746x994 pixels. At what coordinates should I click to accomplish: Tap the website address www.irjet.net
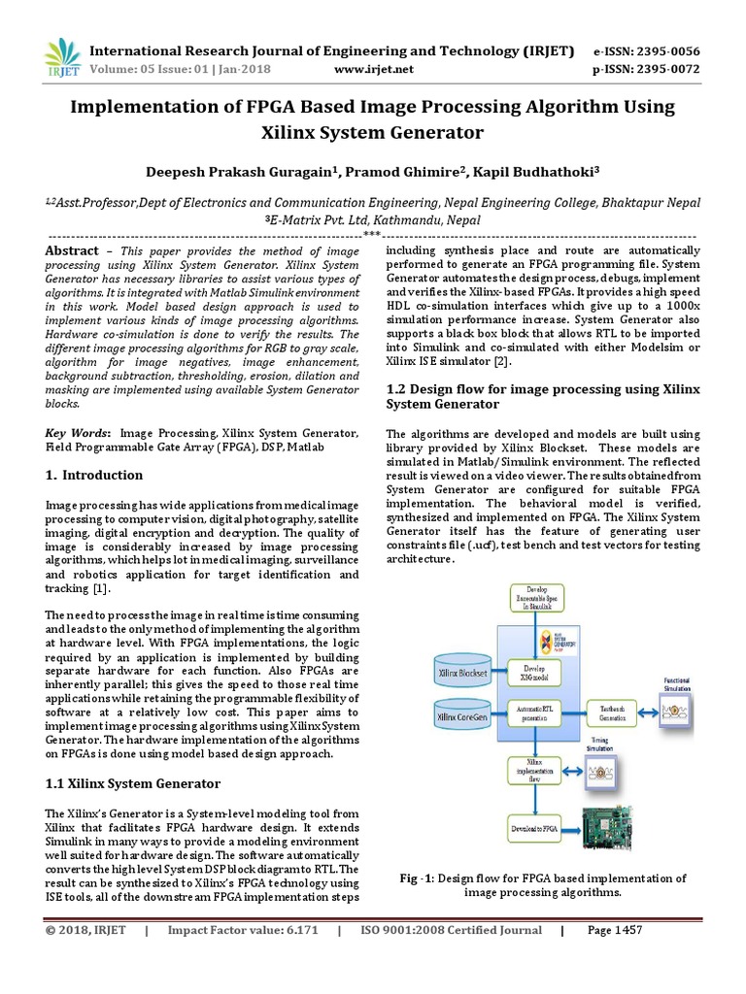pyautogui.click(x=373, y=69)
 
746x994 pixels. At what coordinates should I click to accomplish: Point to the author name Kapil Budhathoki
pyautogui.click(x=541, y=171)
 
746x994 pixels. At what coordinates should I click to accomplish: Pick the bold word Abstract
pyautogui.click(x=73, y=250)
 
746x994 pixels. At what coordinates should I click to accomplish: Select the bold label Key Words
pyautogui.click(x=79, y=433)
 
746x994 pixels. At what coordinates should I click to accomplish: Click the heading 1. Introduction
pyautogui.click(x=94, y=476)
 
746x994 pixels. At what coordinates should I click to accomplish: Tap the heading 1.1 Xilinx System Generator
pyautogui.click(x=134, y=783)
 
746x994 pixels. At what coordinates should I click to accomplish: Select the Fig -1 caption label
pyautogui.click(x=417, y=878)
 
